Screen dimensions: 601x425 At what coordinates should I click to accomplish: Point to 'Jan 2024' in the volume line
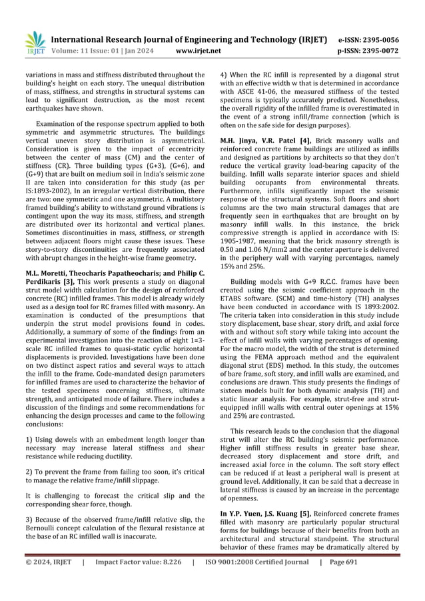pyautogui.click(x=139, y=50)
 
